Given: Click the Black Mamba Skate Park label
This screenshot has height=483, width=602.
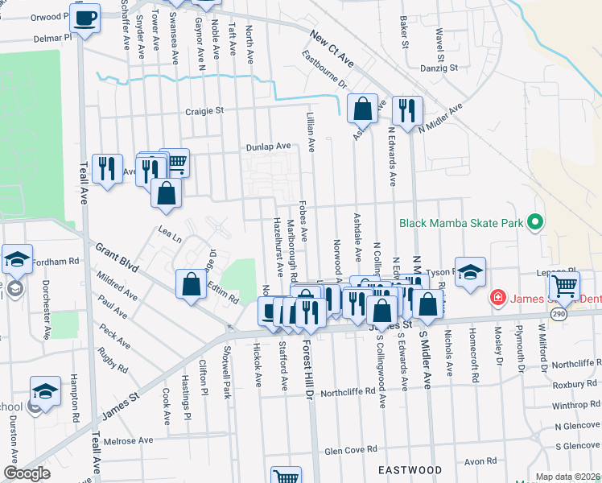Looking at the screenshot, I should pos(460,223).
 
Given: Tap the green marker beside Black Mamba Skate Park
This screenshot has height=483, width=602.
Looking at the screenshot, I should pos(534,223).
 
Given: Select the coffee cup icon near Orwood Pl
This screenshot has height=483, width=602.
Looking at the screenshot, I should pos(85,17).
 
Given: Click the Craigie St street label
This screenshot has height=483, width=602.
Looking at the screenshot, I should pos(204,112).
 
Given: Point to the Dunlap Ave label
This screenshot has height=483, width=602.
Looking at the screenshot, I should pos(268,147).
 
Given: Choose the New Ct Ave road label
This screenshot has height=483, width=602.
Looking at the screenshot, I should pos(332,49).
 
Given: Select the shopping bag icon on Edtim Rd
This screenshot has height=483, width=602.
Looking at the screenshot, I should pos(192,285).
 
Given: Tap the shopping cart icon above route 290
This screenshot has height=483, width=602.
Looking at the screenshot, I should pos(566,283).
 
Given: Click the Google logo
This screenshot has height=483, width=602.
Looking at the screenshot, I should pos(27,473).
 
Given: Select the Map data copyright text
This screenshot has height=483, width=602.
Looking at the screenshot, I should pos(567,477).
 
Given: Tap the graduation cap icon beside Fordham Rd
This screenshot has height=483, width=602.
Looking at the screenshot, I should pos(17,259).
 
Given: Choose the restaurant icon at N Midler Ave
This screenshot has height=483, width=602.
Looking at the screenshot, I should pos(407,109).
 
